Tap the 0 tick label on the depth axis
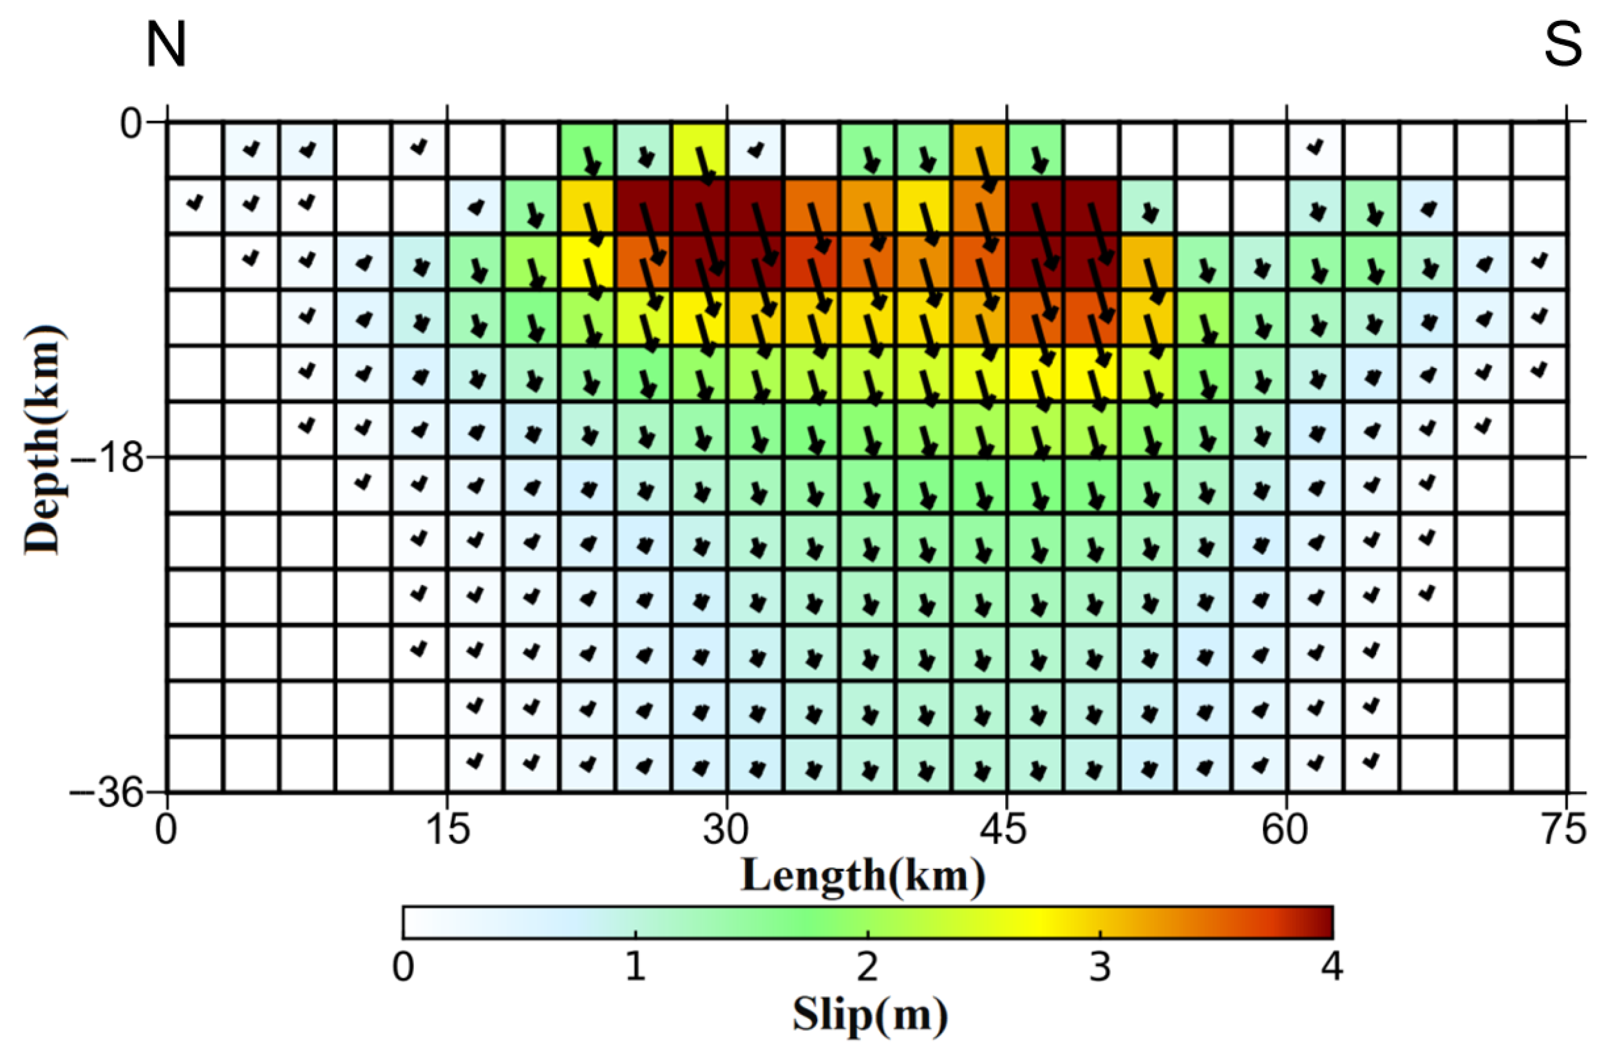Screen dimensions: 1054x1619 (x=131, y=123)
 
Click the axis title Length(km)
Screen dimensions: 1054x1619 (x=862, y=876)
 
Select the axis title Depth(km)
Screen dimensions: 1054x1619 (x=43, y=441)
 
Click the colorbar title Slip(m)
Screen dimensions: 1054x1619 (x=869, y=1015)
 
